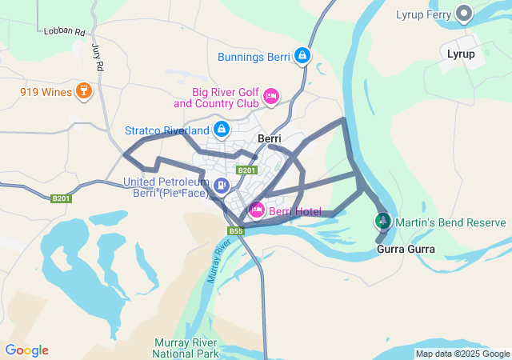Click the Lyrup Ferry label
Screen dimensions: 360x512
424,14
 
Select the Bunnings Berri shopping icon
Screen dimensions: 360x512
302,56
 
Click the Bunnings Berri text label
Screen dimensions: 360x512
254,57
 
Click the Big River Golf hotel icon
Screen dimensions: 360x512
271,97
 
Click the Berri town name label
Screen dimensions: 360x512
269,138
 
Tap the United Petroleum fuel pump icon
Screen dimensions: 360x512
221,186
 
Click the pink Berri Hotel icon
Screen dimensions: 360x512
256,211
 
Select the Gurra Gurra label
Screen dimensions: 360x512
406,249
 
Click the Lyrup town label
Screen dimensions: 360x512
461,54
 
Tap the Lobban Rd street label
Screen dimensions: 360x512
66,31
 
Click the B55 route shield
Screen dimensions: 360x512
235,231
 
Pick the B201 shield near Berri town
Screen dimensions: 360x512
246,170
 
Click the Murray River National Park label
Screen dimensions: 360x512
186,347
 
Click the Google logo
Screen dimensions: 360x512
26,350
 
